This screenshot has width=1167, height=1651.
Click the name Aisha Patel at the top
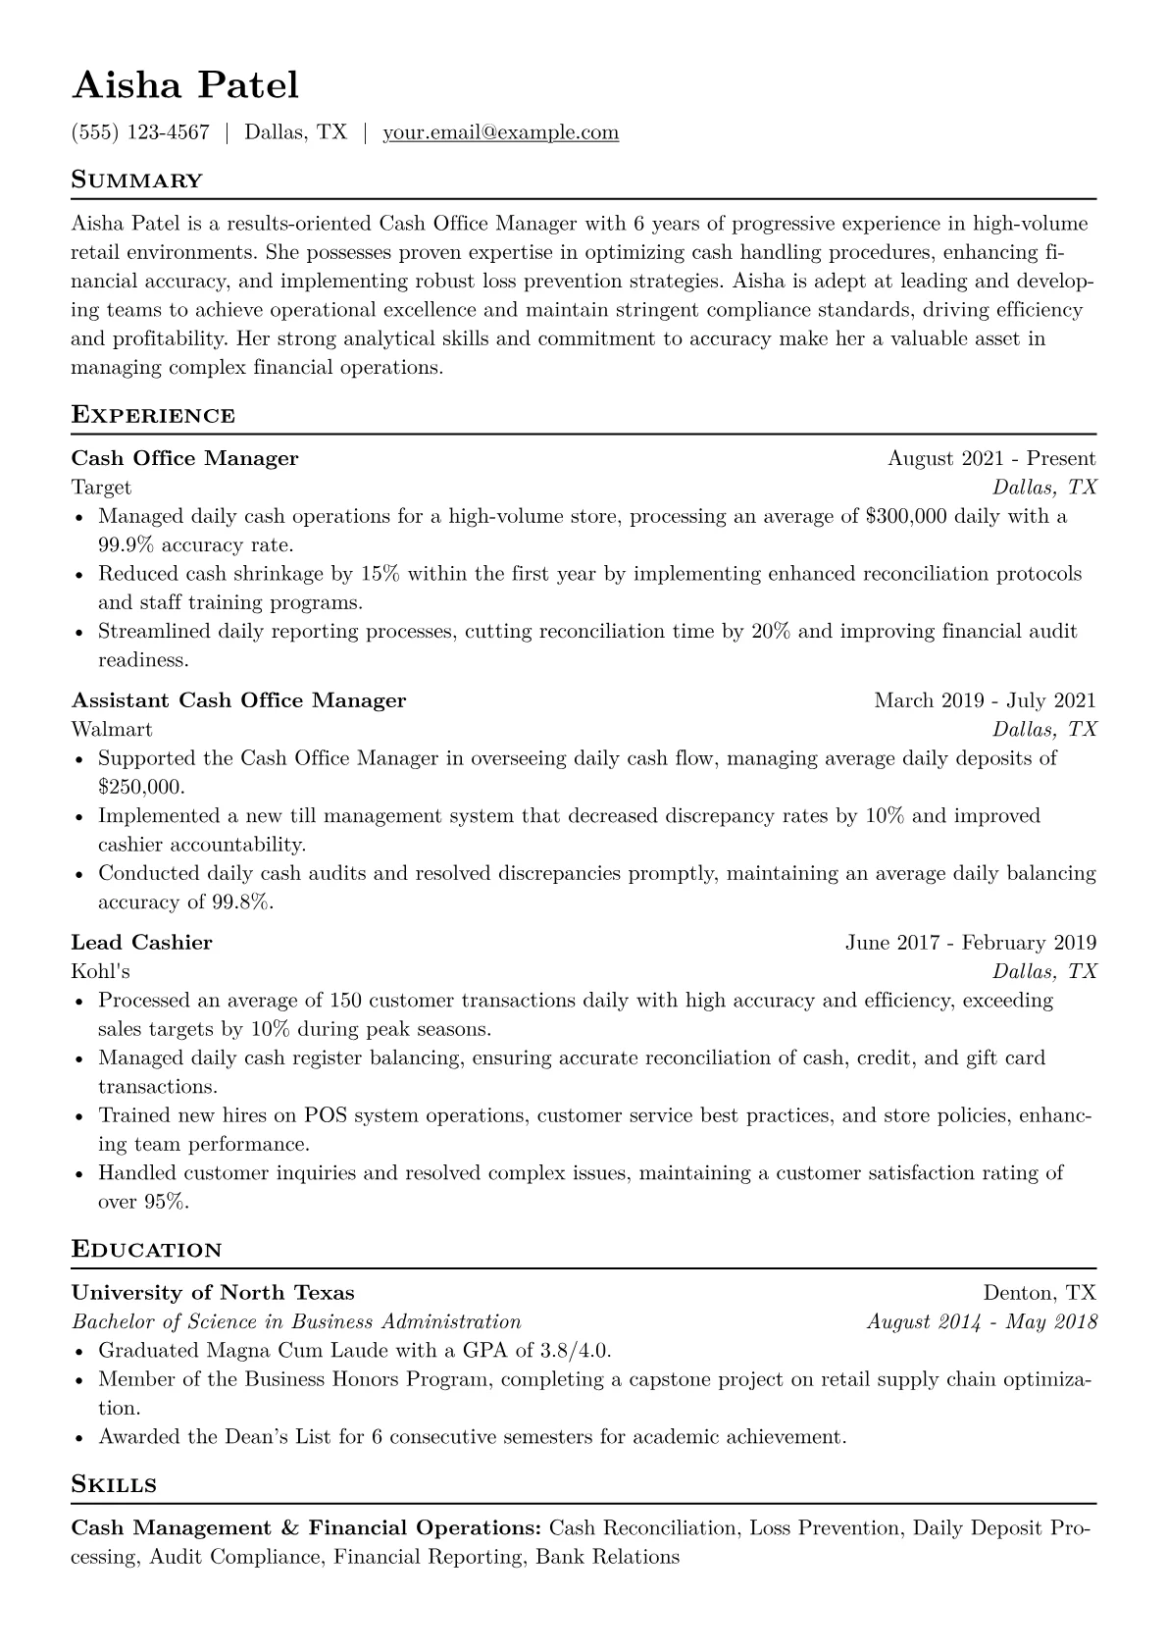pyautogui.click(x=185, y=85)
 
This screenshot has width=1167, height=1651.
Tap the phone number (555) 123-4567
pyautogui.click(x=140, y=132)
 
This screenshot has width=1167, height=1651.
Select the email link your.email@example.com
pyautogui.click(x=500, y=132)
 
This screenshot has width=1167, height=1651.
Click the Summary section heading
pyautogui.click(x=137, y=181)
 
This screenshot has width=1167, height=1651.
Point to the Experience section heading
pyautogui.click(x=153, y=415)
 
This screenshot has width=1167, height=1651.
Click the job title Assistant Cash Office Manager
pyautogui.click(x=238, y=700)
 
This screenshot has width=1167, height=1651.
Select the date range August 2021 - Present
pyautogui.click(x=991, y=458)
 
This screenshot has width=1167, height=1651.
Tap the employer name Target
pyautogui.click(x=101, y=488)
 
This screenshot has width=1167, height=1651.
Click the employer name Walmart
pyautogui.click(x=112, y=730)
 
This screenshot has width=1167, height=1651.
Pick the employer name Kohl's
pyautogui.click(x=100, y=972)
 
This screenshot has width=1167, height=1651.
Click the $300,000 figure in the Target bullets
pyautogui.click(x=907, y=516)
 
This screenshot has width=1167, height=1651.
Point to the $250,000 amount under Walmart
pyautogui.click(x=140, y=787)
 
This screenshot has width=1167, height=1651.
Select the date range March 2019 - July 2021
pyautogui.click(x=985, y=700)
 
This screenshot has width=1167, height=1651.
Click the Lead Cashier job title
pyautogui.click(x=141, y=943)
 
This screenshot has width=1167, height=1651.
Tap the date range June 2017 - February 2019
pyautogui.click(x=971, y=943)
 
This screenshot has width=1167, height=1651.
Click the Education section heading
pyautogui.click(x=146, y=1250)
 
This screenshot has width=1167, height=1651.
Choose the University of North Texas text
pyautogui.click(x=213, y=1293)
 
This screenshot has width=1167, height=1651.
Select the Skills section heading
pyautogui.click(x=114, y=1484)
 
